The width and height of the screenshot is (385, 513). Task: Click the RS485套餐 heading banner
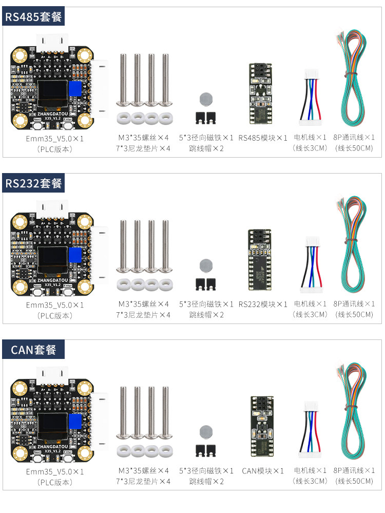pos(33,16)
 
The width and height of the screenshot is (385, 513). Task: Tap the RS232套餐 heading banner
pos(33,183)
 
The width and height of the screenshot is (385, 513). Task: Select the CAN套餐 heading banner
pos(33,349)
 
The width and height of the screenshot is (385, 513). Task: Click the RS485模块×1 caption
pos(263,138)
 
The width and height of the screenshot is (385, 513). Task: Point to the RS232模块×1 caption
pos(263,305)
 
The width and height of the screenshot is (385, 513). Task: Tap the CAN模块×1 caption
pos(263,471)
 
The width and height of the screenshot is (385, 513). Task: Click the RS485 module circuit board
pos(260,93)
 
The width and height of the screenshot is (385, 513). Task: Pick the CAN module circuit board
pos(262,426)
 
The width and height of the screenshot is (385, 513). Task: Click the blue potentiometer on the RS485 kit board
pos(75,88)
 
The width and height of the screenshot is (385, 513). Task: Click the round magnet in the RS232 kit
pos(206,265)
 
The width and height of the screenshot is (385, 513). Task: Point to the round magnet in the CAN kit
pos(206,432)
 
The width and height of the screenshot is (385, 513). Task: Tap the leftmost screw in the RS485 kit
pos(123,80)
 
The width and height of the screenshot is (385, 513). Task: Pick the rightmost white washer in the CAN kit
pos(166,451)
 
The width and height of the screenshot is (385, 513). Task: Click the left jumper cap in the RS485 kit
pos(200,118)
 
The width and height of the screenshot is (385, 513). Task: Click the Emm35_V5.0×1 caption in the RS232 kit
pos(55,305)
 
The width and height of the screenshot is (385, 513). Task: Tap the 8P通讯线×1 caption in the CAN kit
pos(354,470)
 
